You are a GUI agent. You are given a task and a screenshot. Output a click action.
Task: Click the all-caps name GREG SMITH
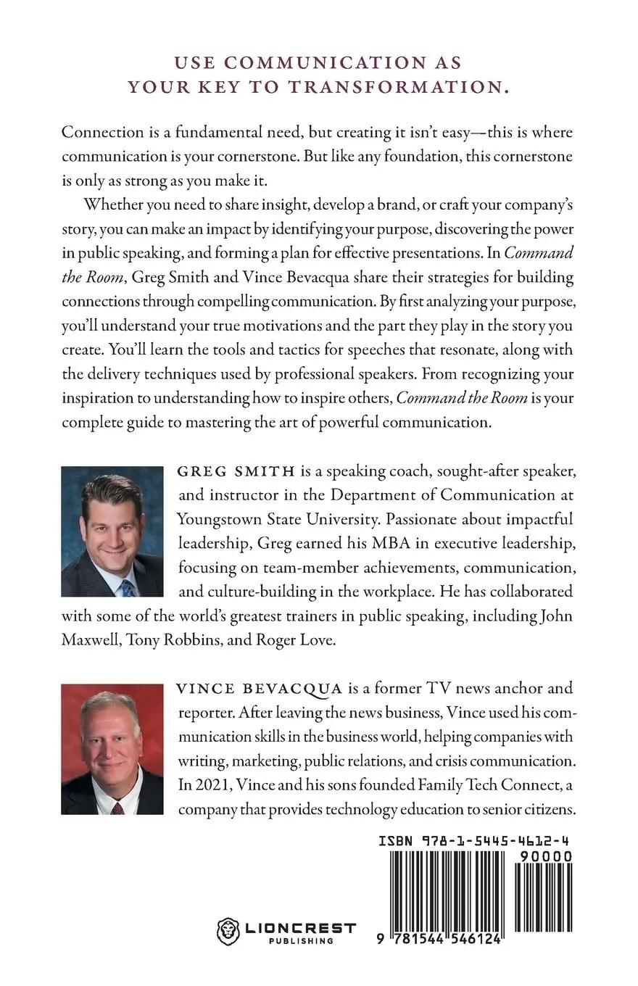pyautogui.click(x=236, y=472)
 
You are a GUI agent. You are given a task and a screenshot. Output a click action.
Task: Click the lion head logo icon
pyautogui.click(x=228, y=930)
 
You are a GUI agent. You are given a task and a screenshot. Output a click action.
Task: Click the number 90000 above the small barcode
pyautogui.click(x=545, y=856)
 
